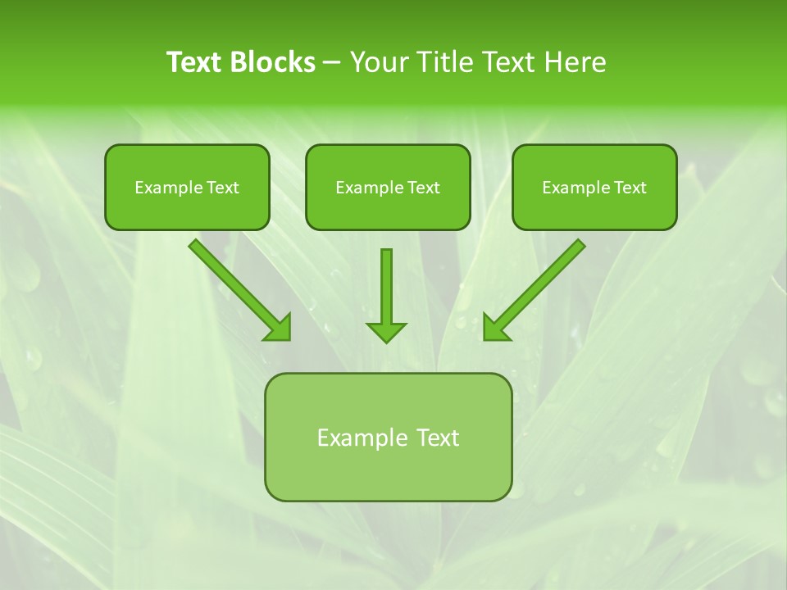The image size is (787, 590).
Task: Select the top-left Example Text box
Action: click(187, 187)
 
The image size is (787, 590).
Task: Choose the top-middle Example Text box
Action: click(388, 187)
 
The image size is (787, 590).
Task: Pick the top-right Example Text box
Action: click(594, 187)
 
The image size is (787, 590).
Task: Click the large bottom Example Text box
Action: click(388, 438)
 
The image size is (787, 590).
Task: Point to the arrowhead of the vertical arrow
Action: click(386, 331)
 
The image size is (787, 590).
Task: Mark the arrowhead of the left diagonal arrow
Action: click(279, 328)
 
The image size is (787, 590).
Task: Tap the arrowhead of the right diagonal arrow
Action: click(495, 328)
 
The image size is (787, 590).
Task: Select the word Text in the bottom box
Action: click(439, 438)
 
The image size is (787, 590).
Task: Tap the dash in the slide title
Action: click(332, 63)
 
